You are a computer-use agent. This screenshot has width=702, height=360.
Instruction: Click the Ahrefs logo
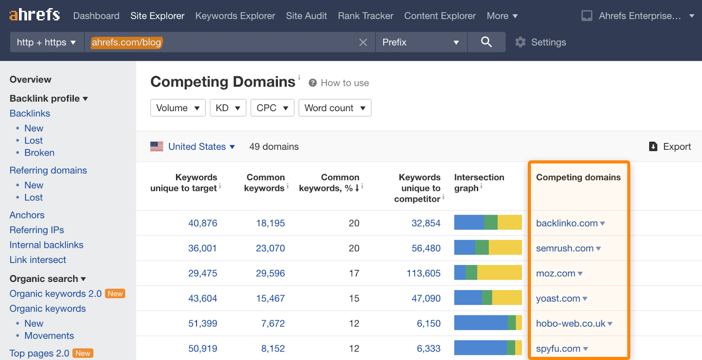34,15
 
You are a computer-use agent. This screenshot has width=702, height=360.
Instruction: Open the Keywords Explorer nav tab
235,16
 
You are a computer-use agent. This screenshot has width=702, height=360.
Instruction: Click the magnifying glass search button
486,42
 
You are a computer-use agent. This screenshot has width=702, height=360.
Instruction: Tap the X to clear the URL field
363,43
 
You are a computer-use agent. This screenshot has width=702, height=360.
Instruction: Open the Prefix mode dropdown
420,43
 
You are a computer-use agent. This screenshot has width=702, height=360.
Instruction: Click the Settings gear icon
520,42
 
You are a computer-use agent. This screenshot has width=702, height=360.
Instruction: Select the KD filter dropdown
227,108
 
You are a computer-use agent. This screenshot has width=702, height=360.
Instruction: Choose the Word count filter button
335,108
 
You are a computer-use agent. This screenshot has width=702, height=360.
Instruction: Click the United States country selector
197,147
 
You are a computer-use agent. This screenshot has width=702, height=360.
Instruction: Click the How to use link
344,83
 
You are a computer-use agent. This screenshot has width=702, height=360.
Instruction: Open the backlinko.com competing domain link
566,223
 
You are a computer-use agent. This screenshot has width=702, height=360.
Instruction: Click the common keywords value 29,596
270,273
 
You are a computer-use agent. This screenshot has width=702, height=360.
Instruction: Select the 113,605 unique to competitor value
423,273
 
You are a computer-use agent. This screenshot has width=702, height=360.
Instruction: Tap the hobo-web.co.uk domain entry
570,324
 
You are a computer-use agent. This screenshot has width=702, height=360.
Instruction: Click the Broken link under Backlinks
39,153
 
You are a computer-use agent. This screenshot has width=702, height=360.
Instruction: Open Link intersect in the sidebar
38,260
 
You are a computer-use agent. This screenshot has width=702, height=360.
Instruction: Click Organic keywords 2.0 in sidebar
56,294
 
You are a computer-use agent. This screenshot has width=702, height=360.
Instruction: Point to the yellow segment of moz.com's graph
499,273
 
